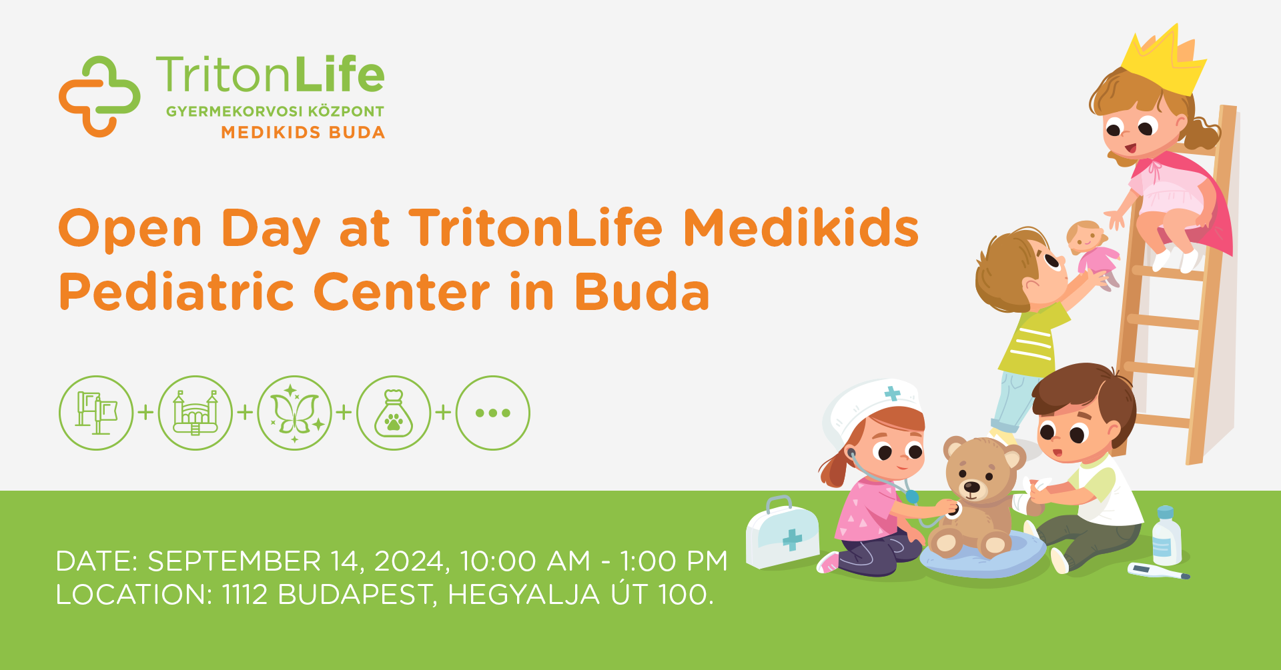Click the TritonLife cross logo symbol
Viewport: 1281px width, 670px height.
(x=99, y=97)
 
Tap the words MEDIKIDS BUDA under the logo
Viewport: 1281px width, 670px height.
(x=303, y=133)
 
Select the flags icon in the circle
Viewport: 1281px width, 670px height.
(x=96, y=413)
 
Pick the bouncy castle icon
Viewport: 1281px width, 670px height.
(x=195, y=413)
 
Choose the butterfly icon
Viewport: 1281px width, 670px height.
(x=295, y=413)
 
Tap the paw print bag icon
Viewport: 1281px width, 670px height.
(x=394, y=413)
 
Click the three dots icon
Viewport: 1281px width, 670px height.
(x=493, y=413)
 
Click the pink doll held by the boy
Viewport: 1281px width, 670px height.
(x=1094, y=253)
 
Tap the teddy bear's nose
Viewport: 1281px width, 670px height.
(x=972, y=487)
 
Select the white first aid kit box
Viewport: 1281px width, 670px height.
(x=782, y=533)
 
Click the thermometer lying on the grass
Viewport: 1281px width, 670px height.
(x=1158, y=571)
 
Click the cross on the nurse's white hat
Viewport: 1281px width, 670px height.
(x=892, y=393)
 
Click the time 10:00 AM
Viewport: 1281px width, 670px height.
(x=525, y=561)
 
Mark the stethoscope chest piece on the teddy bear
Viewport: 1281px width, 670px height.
(x=952, y=511)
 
